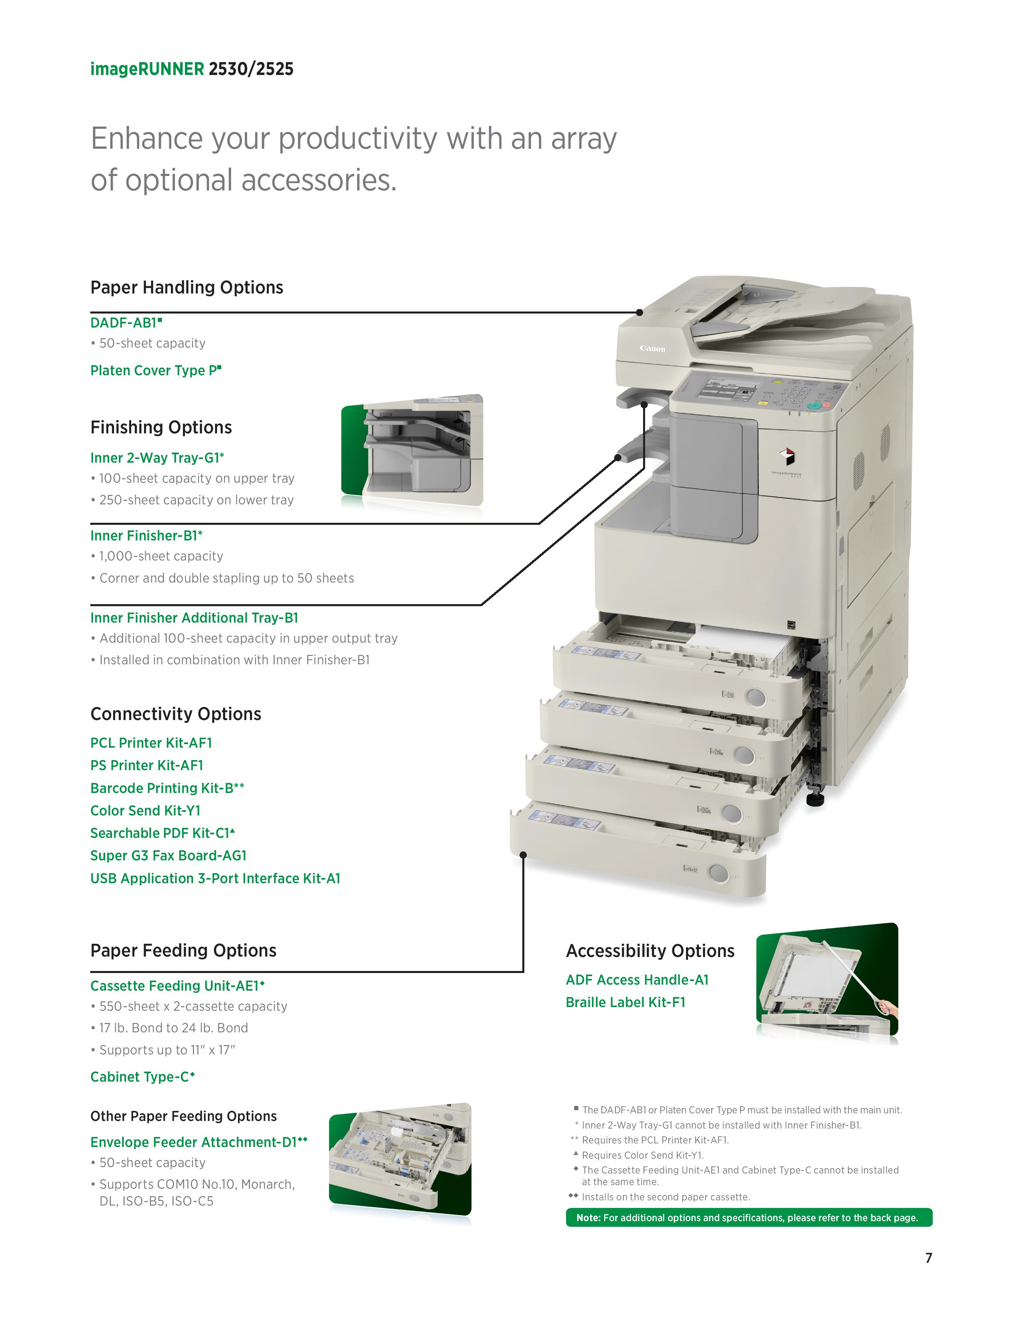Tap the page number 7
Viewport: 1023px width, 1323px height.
928,1258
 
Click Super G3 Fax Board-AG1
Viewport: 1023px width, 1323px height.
168,856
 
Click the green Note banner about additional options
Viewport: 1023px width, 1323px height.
749,1218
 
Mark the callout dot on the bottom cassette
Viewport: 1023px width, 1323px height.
524,855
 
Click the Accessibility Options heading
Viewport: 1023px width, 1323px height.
650,951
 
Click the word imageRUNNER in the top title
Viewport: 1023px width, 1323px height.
147,69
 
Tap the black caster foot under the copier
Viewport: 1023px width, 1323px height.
816,800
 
